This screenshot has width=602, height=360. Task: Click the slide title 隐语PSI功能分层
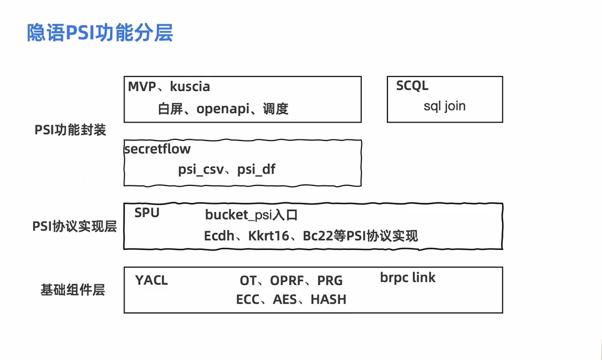[100, 33]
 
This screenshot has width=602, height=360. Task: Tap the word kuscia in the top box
[190, 86]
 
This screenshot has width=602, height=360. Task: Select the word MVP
[143, 86]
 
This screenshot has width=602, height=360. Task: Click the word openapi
[224, 109]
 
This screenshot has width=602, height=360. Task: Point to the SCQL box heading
[412, 86]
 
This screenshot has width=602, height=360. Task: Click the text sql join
[444, 106]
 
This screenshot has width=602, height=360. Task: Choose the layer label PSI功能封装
[70, 130]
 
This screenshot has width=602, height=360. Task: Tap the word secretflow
[157, 149]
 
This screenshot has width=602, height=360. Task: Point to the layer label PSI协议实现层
[75, 227]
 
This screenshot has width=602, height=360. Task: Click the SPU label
[147, 213]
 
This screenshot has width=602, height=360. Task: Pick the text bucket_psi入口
[251, 215]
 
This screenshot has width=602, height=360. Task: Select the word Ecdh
[219, 236]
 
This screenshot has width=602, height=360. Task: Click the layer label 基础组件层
[73, 290]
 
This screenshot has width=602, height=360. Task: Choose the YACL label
[152, 280]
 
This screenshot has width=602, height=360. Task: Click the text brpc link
[407, 278]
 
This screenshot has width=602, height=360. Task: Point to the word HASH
[328, 299]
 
